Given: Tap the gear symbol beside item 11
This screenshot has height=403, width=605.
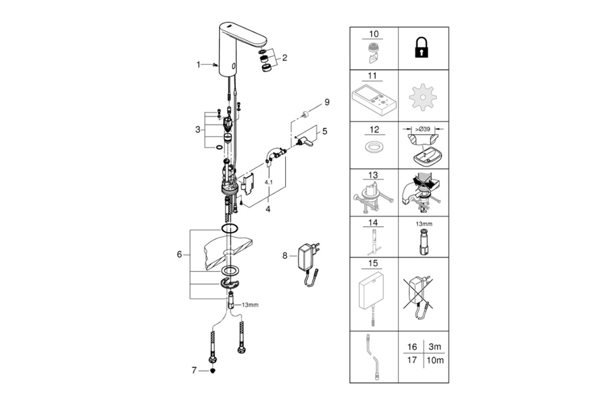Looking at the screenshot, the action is [x=422, y=97].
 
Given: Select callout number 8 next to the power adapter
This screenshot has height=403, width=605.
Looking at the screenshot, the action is [x=285, y=255].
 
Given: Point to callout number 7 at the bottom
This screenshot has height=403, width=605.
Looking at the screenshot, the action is [x=194, y=370].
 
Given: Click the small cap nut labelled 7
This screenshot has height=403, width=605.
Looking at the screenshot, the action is [x=213, y=371].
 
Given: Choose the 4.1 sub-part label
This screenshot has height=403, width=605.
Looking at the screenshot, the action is [x=268, y=182].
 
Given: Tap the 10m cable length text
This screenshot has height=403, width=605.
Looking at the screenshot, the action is [x=435, y=360].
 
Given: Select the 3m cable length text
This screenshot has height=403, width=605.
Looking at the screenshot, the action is [x=435, y=347].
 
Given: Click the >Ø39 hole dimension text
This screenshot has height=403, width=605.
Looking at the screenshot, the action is [x=422, y=129].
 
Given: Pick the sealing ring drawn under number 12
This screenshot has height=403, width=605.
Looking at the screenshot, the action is [x=374, y=148].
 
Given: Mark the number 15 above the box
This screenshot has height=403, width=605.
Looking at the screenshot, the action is [x=373, y=263].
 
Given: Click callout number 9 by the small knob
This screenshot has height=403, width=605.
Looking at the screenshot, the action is [x=327, y=102].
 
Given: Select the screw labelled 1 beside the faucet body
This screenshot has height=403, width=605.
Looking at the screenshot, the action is [x=216, y=64].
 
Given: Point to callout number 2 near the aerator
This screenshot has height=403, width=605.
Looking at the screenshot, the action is [x=284, y=58].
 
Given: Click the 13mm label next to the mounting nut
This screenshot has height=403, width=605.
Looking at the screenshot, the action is [x=250, y=305].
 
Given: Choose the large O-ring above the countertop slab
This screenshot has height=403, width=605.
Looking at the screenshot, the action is [x=229, y=228].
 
